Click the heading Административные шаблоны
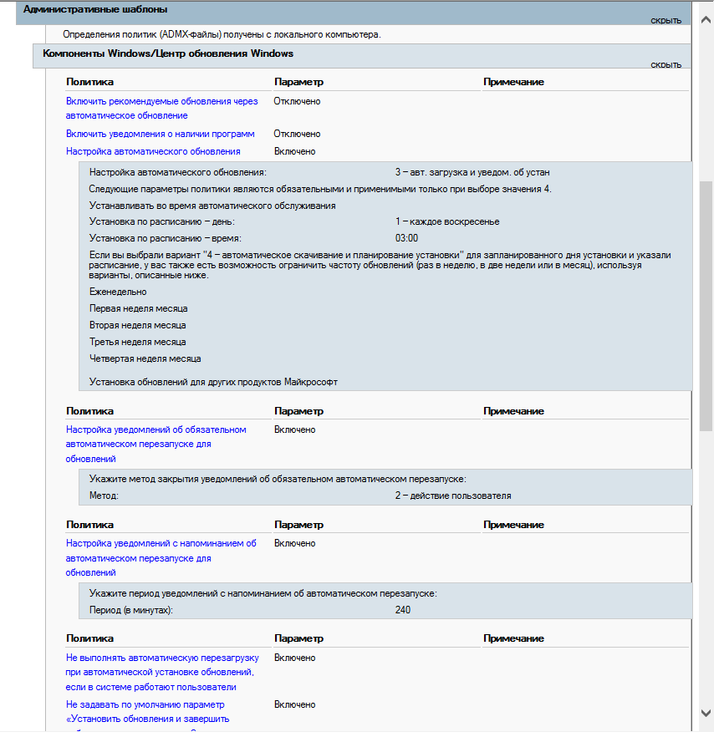point(95,9)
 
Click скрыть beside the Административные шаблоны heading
point(666,20)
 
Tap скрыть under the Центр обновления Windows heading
point(666,64)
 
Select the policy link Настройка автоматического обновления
point(153,151)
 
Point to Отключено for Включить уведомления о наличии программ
point(297,134)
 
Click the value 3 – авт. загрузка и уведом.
point(472,172)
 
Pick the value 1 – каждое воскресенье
point(447,221)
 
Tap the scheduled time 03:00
point(406,238)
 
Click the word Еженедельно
point(118,292)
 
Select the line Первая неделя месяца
point(139,308)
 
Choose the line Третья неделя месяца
point(138,342)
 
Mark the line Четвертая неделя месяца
point(145,358)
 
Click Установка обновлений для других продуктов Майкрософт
point(213,382)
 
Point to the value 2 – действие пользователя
point(453,496)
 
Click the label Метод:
point(104,496)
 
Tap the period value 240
point(403,610)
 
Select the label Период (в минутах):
point(131,610)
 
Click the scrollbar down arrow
point(706,712)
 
